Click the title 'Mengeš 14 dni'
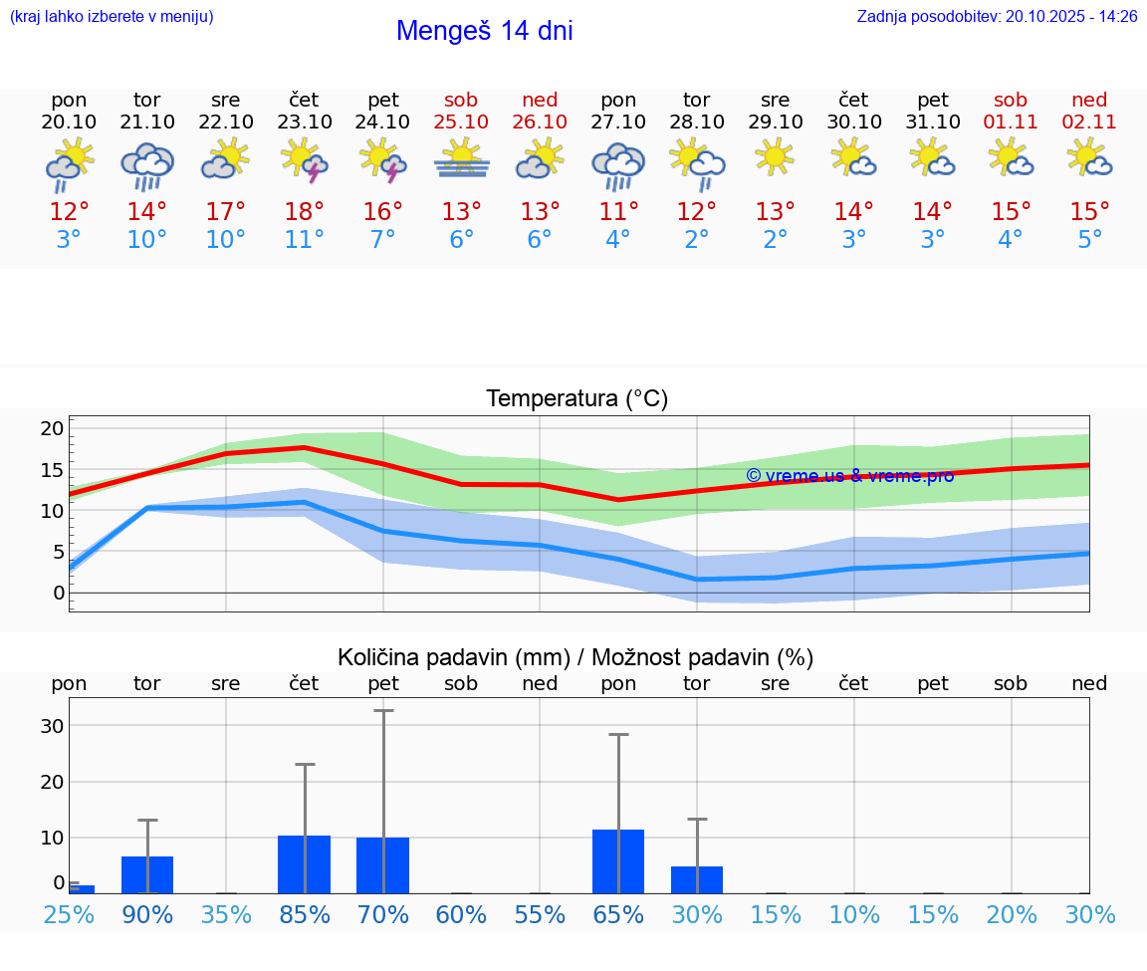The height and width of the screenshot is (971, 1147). click(x=484, y=31)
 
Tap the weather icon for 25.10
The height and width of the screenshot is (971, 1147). click(x=461, y=159)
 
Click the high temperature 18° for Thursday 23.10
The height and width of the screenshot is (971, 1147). click(x=305, y=212)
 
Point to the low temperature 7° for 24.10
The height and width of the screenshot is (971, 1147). click(x=383, y=240)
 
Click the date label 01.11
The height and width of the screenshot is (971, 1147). click(x=1011, y=121)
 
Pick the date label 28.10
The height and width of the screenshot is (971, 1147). click(x=697, y=121)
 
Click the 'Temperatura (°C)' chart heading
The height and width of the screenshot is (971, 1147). click(x=576, y=399)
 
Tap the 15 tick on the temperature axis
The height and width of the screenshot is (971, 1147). click(x=52, y=470)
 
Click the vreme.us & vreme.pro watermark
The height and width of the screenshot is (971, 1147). click(x=849, y=475)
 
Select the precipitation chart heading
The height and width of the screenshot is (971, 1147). click(x=575, y=657)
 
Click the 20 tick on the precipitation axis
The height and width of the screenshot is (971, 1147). click(x=52, y=782)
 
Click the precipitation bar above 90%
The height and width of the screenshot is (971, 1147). click(x=147, y=874)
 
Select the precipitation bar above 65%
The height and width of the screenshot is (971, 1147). click(x=618, y=861)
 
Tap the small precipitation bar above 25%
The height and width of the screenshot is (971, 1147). click(x=82, y=888)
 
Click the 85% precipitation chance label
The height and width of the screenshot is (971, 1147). click(x=305, y=914)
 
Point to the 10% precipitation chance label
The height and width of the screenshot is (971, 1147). click(x=854, y=914)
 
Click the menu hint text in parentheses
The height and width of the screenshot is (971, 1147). click(x=112, y=16)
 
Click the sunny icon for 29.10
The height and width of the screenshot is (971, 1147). click(x=776, y=157)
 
